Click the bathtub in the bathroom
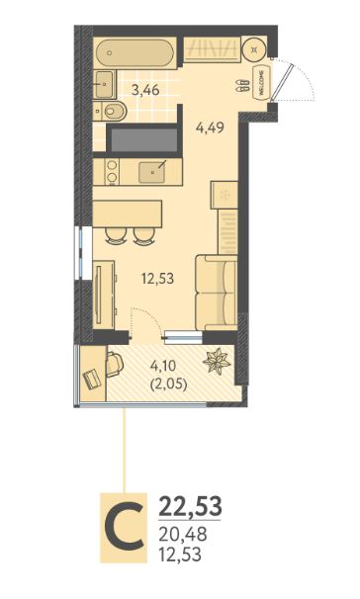(135, 53)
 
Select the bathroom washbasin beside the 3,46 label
(104, 84)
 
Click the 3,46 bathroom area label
(145, 91)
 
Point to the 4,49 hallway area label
(210, 128)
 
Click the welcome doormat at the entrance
(262, 81)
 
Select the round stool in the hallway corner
(254, 48)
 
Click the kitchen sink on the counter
(153, 172)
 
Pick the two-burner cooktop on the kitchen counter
(112, 171)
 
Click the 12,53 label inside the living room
(157, 279)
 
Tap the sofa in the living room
(216, 293)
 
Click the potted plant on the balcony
(217, 361)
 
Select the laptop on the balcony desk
(91, 378)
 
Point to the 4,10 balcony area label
(163, 366)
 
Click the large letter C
(125, 528)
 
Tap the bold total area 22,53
(190, 506)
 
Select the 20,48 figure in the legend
(183, 534)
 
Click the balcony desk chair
(115, 364)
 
